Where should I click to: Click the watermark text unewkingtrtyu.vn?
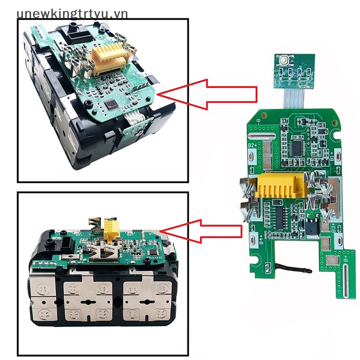pyautogui.click(x=72, y=13)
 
